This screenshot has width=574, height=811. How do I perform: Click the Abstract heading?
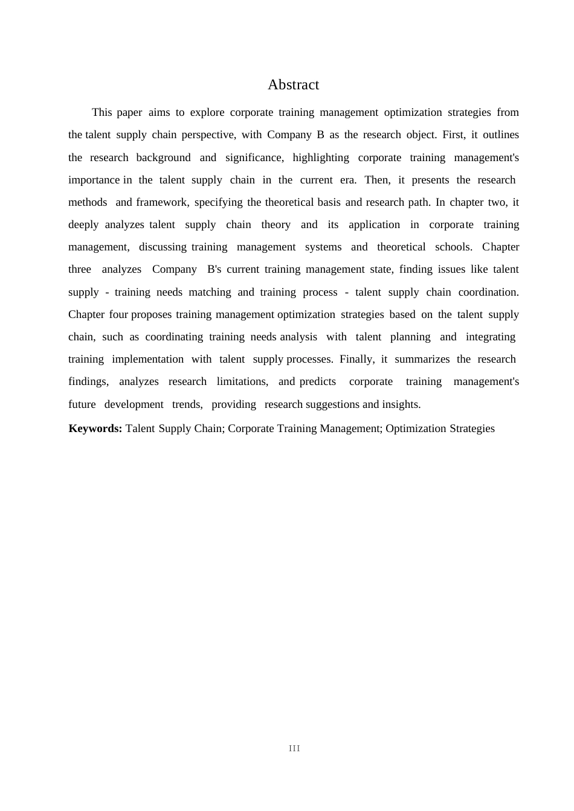pyautogui.click(x=293, y=85)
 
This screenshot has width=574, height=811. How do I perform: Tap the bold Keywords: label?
pyautogui.click(x=95, y=428)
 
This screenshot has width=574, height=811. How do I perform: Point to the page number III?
pyautogui.click(x=294, y=748)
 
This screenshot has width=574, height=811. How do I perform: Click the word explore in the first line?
pyautogui.click(x=207, y=112)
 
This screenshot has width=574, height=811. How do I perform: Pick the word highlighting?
pyautogui.click(x=320, y=157)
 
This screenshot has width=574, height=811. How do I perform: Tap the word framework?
pyautogui.click(x=161, y=202)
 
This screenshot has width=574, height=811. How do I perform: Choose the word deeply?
pyautogui.click(x=83, y=224)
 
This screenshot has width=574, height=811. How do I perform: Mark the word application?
pyautogui.click(x=374, y=224)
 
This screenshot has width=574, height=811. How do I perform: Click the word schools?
pyautogui.click(x=453, y=247)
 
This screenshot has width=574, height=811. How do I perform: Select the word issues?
pyautogui.click(x=451, y=269)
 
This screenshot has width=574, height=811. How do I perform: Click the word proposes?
pyautogui.click(x=151, y=314)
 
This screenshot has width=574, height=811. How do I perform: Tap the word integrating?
pyautogui.click(x=490, y=337)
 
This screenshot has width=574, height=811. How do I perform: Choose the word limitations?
pyautogui.click(x=242, y=381)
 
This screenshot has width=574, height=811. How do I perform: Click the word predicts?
pyautogui.click(x=317, y=381)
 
